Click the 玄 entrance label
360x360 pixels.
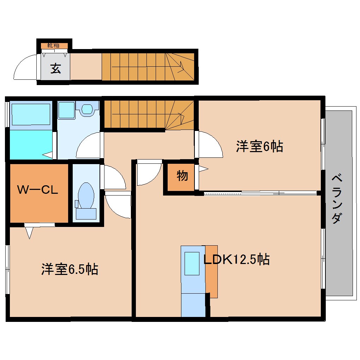(55, 68)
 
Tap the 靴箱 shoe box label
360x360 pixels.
(54, 46)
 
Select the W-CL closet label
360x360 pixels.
(38, 190)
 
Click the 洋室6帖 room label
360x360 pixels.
(259, 146)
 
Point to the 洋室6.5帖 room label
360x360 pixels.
(70, 270)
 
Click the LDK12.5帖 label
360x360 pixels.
(236, 260)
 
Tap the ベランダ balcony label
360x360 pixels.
(337, 199)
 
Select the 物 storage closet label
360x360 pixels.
(182, 175)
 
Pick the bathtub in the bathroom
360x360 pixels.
(31, 114)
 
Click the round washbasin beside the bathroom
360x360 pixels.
(87, 109)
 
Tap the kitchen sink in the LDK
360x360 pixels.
(192, 263)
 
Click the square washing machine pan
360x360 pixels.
(66, 110)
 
